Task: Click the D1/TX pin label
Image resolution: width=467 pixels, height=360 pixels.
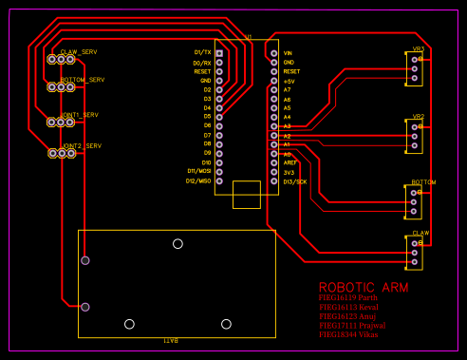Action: click(x=202, y=52)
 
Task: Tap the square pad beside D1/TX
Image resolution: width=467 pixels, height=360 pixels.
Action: click(x=219, y=53)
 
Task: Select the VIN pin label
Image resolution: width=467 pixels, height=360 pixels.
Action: click(x=289, y=53)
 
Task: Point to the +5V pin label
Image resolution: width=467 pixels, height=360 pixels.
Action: click(x=290, y=81)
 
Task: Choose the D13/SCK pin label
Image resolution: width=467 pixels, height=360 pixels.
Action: click(x=295, y=180)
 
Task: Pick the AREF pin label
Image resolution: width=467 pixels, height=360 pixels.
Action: click(x=290, y=162)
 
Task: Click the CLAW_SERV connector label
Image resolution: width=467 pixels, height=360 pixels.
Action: click(x=79, y=51)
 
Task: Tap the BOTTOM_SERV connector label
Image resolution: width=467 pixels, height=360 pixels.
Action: click(x=82, y=80)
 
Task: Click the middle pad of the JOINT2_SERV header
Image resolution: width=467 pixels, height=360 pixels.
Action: click(x=61, y=153)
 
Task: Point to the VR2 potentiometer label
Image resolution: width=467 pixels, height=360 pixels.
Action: click(x=418, y=117)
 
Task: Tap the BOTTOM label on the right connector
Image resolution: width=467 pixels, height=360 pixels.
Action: click(x=423, y=181)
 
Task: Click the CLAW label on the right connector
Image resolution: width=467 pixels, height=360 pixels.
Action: click(x=420, y=233)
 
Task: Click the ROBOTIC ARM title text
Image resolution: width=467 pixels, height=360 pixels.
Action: click(x=364, y=287)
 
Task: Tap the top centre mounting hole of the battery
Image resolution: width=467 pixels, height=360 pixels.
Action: click(x=177, y=244)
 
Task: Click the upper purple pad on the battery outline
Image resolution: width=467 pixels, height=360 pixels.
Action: click(x=85, y=260)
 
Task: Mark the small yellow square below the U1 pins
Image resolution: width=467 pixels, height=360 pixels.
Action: click(x=246, y=194)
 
